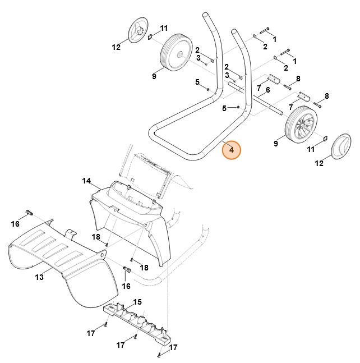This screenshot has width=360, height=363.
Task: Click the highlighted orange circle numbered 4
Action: click(231, 151)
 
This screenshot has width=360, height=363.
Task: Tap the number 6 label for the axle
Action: click(268, 90)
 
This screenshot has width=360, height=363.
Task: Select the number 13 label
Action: click(40, 277)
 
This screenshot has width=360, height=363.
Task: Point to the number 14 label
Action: click(86, 181)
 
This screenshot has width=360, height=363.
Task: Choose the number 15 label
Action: click(137, 302)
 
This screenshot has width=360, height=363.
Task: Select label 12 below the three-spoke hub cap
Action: click(116, 48)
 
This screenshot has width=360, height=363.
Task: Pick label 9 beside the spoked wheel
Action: click(276, 144)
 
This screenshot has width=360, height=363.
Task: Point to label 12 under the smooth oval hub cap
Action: click(319, 163)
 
